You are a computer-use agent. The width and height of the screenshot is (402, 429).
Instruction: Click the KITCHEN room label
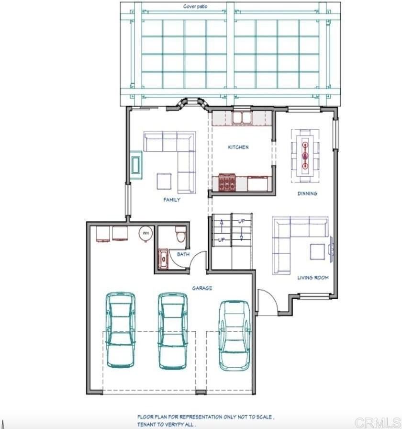pos(238,147)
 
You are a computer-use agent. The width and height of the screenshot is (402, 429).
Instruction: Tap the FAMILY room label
pos(172,200)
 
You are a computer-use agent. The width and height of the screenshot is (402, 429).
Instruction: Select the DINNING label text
pos(307,193)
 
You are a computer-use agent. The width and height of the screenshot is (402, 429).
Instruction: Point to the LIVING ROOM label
pos(313,278)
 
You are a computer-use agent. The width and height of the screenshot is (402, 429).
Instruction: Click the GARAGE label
pos(202,288)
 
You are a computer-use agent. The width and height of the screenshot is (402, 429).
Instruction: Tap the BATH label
pos(183,254)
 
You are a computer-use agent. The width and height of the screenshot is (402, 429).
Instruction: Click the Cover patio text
pos(195,6)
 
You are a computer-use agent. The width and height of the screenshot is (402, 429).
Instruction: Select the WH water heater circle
pos(146,233)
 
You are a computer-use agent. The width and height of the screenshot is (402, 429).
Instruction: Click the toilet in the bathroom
pos(181,234)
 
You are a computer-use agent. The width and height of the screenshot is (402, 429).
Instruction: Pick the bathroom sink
pos(163,259)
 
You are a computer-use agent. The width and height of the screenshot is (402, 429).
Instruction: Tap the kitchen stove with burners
pos(227,182)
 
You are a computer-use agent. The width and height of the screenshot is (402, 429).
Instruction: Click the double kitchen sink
pos(242,118)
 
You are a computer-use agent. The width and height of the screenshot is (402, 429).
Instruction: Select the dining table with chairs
pos(305,156)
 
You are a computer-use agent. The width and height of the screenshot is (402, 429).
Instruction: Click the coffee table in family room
pos(164,181)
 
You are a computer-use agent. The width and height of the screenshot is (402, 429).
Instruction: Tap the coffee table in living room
pos(317,252)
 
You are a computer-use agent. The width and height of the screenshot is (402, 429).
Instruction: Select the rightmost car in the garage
pos(234,336)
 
